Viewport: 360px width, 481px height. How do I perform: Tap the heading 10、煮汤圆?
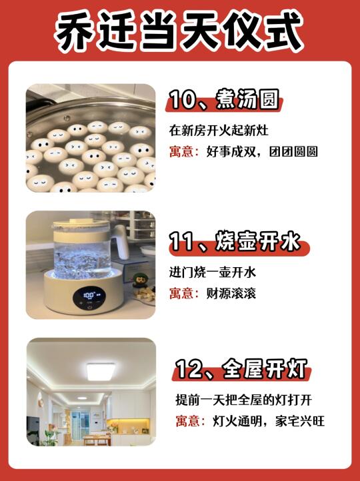tap(225, 99)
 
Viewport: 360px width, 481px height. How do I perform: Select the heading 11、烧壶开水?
tap(235, 242)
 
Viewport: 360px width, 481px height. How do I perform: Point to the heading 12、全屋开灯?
tap(241, 368)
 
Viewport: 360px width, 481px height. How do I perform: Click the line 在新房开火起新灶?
tap(219, 131)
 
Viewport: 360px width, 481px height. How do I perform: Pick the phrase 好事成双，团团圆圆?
tap(262, 151)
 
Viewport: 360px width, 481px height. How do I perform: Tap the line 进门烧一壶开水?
tap(213, 272)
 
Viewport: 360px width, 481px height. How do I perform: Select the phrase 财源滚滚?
tap(231, 293)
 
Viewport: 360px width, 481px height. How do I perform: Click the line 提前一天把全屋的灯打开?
tap(244, 400)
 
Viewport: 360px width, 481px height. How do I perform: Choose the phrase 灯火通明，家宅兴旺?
tap(269, 421)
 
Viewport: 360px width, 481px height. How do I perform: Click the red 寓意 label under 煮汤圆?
tap(183, 151)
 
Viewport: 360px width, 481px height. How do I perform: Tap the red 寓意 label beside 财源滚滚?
tap(183, 293)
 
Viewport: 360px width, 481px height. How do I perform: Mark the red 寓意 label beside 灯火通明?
tap(190, 421)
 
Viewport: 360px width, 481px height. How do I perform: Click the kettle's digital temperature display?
tap(89, 296)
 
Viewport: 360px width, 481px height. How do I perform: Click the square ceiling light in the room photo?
tap(101, 371)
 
